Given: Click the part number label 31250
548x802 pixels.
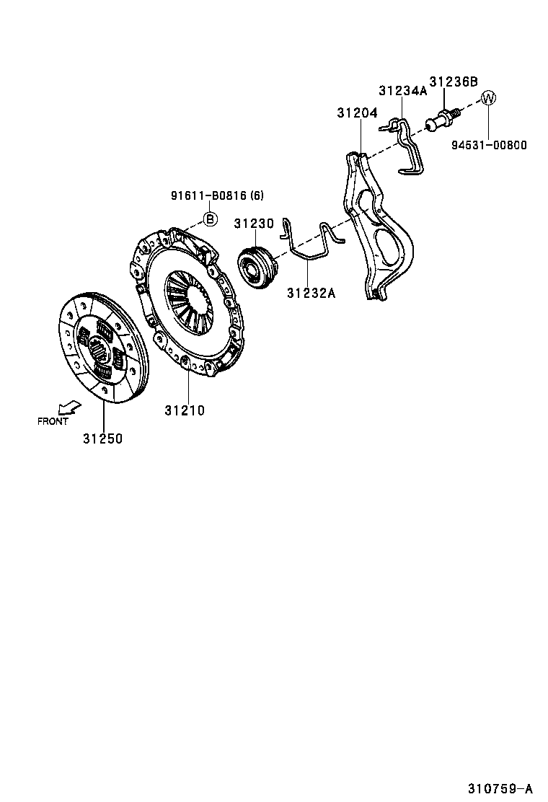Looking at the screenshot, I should point(102,439).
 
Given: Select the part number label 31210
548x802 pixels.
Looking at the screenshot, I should point(185,411).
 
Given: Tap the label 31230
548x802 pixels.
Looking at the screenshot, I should point(254,224).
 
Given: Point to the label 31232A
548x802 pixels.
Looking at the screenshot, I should point(311,293).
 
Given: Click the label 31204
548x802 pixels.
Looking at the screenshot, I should point(357,113).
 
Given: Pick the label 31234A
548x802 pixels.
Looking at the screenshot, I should point(403,91).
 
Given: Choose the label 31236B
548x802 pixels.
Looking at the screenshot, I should point(454,81).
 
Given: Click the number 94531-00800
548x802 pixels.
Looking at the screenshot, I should point(490,145).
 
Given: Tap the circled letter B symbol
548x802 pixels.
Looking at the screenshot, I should point(210,219).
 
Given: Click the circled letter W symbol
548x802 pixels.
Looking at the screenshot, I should point(488,99).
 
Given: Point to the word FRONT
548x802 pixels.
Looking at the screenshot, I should point(53,421).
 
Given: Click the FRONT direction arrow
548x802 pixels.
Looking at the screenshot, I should point(71,408).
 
